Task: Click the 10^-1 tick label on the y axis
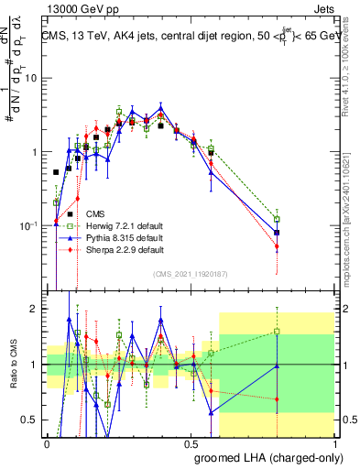coord(31,225)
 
